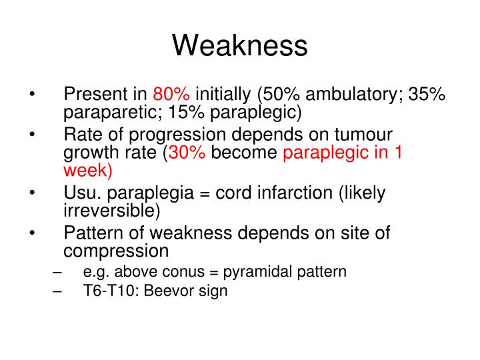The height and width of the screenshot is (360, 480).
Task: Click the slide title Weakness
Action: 240,45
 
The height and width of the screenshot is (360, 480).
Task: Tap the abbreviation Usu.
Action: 81,193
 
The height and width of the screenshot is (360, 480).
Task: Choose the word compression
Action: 117,251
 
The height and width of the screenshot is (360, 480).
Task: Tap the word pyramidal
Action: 255,272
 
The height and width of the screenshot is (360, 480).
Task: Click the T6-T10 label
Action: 107,291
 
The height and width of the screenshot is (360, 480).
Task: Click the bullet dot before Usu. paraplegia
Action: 33,193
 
